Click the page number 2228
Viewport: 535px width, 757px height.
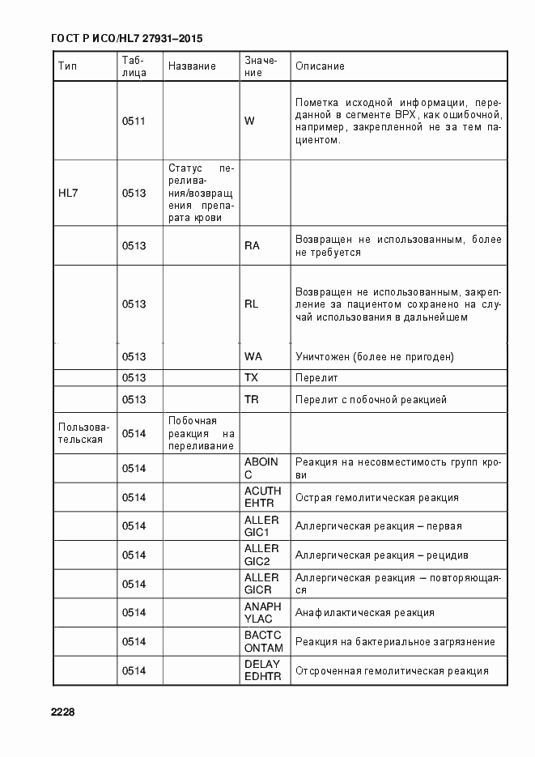[x=62, y=712]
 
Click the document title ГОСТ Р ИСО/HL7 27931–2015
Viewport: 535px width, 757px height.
[x=125, y=38]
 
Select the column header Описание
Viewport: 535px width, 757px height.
[x=320, y=66]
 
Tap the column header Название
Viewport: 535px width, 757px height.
[x=192, y=66]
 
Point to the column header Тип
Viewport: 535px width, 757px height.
[x=67, y=66]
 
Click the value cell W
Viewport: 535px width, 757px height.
[x=249, y=121]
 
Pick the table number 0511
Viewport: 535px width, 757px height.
[x=134, y=121]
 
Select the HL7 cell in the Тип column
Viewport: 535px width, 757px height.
[x=69, y=194]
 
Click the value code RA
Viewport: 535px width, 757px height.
[x=251, y=245]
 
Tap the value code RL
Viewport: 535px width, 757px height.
[x=251, y=304]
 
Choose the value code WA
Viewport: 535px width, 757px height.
[x=253, y=357]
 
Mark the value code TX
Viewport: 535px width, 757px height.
[x=251, y=378]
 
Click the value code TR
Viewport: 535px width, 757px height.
[x=251, y=399]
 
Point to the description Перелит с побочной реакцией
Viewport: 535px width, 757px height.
[x=371, y=399]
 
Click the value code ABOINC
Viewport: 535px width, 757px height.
[x=261, y=468]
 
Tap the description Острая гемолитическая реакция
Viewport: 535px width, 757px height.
[x=377, y=497]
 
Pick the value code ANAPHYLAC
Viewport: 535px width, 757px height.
[x=262, y=612]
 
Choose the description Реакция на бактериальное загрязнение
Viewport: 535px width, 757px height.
[x=395, y=641]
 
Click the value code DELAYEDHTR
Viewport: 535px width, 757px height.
[x=262, y=670]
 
